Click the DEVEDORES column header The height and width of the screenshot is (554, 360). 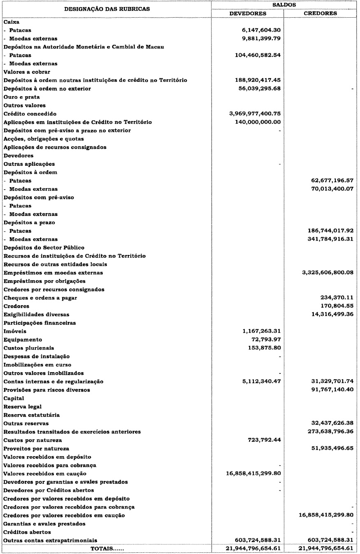tap(248, 13)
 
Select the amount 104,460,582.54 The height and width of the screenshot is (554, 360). tap(255, 55)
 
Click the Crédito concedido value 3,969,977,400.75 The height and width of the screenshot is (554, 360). tap(255, 114)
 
